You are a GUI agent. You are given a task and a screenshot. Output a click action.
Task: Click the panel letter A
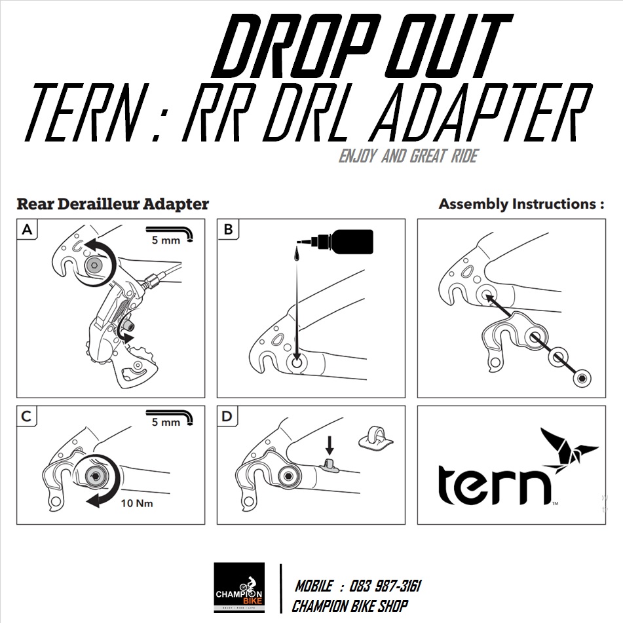click(x=27, y=229)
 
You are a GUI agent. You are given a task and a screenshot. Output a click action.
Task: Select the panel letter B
click(x=228, y=229)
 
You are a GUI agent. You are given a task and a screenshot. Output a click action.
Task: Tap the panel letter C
click(x=27, y=416)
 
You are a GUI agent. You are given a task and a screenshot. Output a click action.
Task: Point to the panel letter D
click(x=228, y=416)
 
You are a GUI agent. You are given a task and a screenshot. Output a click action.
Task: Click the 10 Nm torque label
click(x=138, y=504)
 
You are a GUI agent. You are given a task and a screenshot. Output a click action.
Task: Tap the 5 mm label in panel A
click(x=165, y=240)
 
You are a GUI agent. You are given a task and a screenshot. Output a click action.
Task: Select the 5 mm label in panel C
click(x=165, y=423)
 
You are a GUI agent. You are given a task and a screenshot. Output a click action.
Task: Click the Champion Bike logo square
click(x=239, y=588)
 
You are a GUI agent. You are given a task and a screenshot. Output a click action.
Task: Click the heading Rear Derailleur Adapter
click(x=113, y=204)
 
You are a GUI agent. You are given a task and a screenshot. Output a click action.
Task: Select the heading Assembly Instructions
click(x=521, y=204)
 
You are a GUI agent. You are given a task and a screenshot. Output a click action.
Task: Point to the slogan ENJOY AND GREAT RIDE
click(x=407, y=157)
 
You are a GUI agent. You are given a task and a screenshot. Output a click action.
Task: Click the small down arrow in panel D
click(x=330, y=447)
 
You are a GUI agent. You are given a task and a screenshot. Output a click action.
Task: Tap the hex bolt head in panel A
click(x=93, y=265)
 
